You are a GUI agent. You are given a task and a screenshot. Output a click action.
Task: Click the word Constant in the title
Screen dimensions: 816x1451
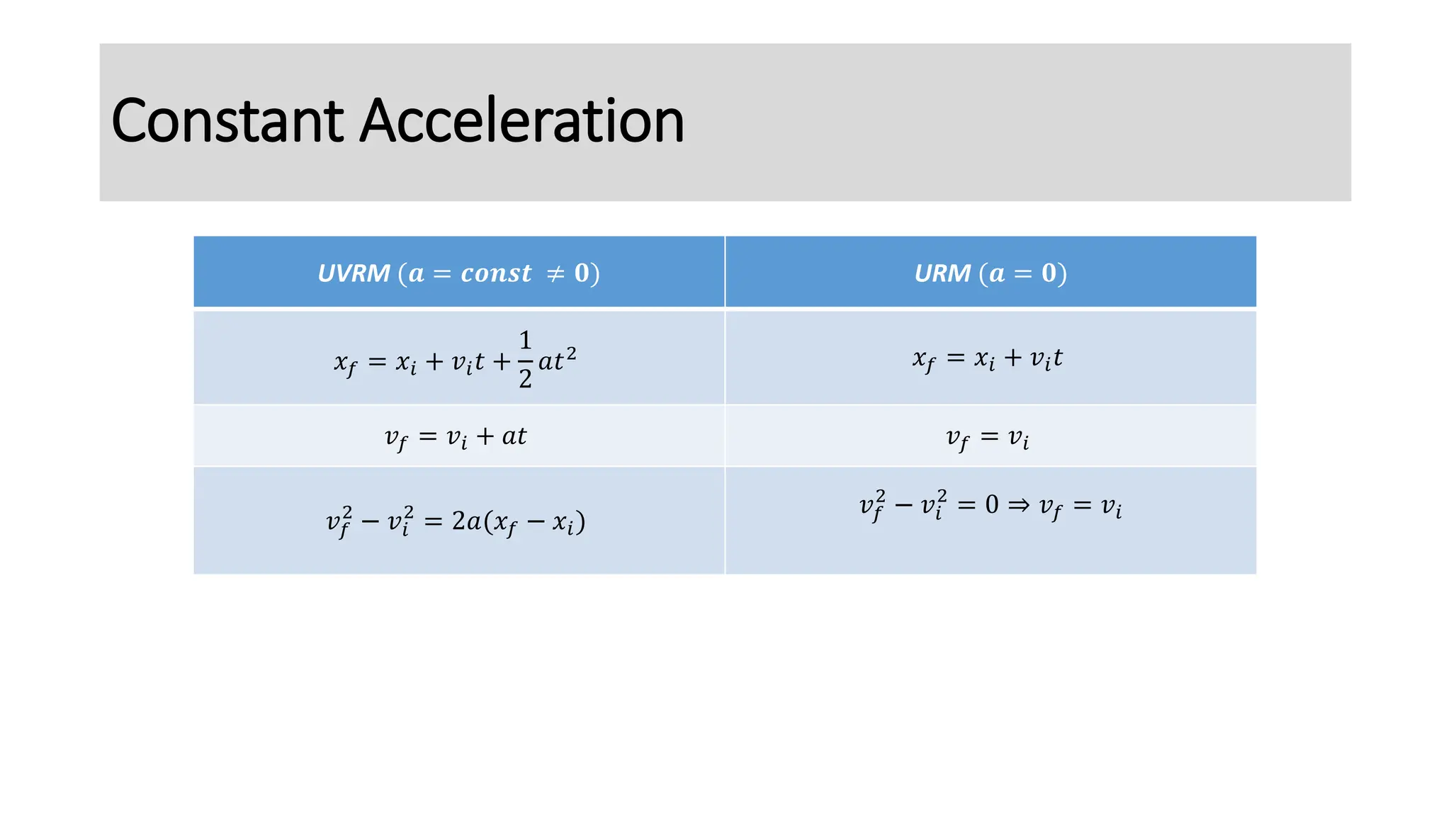[x=227, y=121]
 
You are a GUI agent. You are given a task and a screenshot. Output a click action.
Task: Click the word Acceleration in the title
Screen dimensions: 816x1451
[x=522, y=121]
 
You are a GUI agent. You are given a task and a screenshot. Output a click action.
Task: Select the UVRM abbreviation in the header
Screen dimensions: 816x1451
[x=354, y=273]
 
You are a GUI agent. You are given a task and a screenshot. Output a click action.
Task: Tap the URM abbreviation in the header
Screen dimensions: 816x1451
[x=942, y=273]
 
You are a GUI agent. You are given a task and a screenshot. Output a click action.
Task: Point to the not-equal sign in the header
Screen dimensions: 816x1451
[x=555, y=273]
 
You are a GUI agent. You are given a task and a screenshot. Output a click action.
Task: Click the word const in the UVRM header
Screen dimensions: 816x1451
[x=496, y=273]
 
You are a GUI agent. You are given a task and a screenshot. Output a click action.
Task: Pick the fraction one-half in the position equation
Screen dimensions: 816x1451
[x=525, y=360]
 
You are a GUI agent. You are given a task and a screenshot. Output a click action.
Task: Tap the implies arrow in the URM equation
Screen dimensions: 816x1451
[x=1019, y=505]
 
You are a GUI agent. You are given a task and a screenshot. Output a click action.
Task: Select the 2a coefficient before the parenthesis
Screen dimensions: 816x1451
[x=467, y=521]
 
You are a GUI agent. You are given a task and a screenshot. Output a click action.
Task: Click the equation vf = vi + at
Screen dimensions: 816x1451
[x=456, y=437]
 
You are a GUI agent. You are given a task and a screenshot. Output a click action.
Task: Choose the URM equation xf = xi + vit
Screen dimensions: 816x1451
[x=988, y=359]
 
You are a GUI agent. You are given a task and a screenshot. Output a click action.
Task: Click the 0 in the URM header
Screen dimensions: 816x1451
[x=1049, y=273]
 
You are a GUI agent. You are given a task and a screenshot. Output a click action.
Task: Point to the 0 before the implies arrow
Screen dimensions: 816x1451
[x=992, y=505]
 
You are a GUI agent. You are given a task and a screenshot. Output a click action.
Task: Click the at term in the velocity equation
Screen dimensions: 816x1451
[x=514, y=436]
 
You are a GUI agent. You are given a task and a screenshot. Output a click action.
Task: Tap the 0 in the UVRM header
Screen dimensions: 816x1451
[x=582, y=273]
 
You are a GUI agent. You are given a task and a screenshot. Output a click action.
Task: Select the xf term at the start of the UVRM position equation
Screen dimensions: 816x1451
[x=345, y=363]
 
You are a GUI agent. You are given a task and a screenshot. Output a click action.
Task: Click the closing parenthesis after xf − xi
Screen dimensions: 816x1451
[x=581, y=522]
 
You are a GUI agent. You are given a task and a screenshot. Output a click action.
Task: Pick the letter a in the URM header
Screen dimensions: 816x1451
[x=997, y=273]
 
